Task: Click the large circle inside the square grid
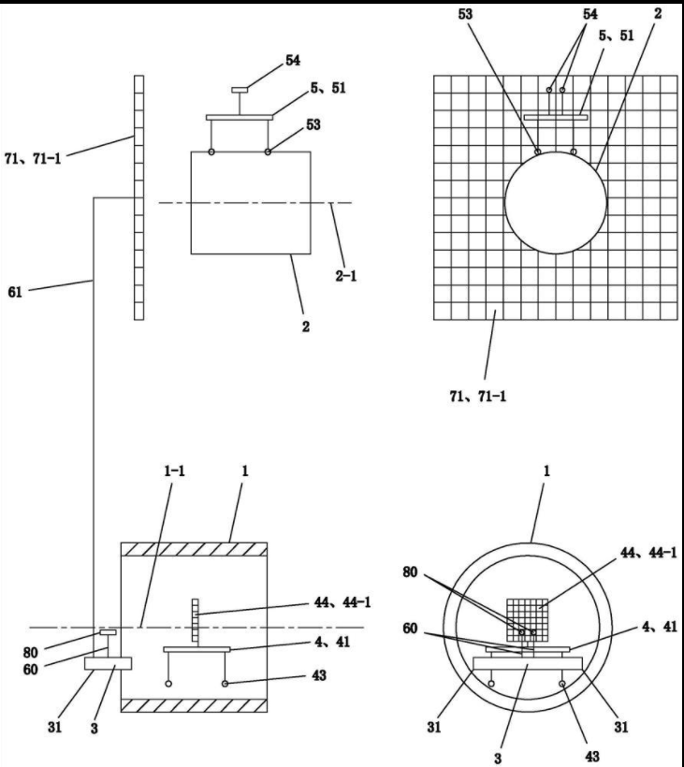click(555, 201)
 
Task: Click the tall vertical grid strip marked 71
click(139, 196)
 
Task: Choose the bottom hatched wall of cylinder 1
click(196, 704)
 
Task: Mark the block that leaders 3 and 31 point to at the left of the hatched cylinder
click(108, 664)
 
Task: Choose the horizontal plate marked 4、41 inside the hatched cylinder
click(196, 649)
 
